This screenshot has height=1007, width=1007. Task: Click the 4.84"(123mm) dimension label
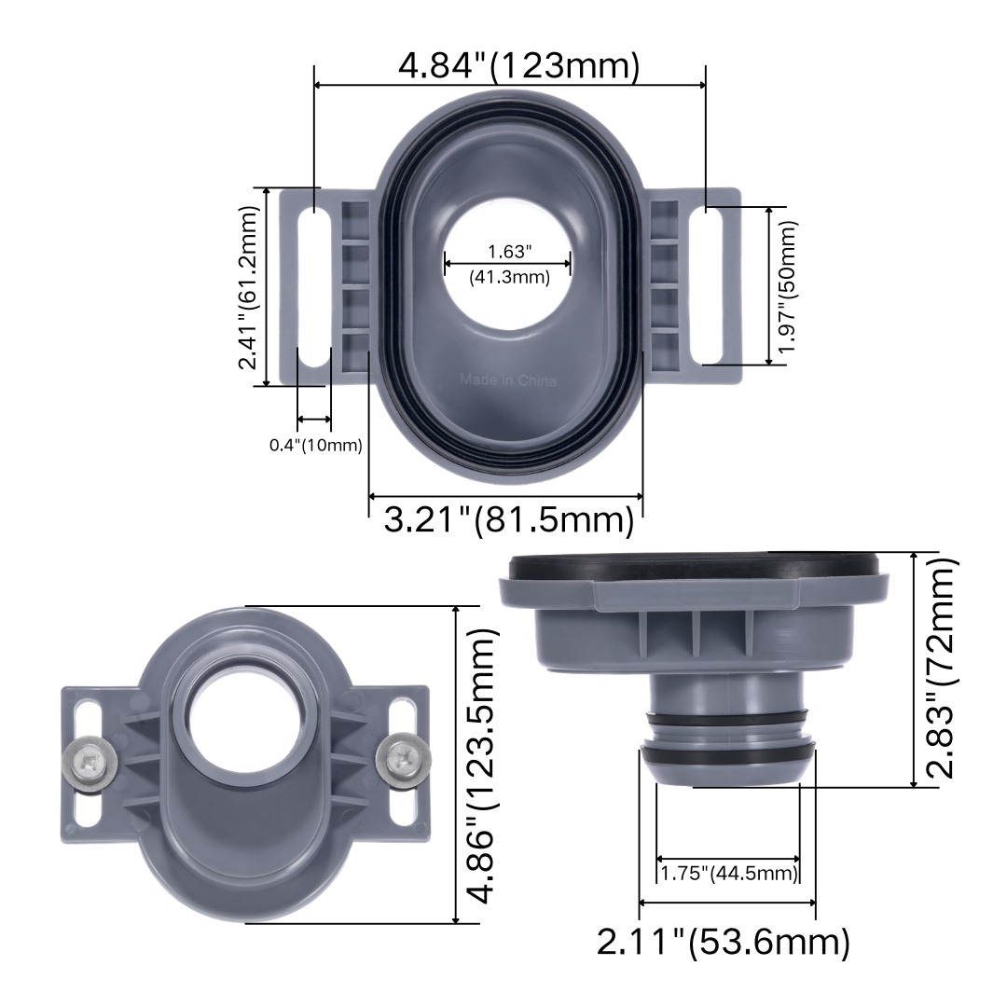tap(519, 65)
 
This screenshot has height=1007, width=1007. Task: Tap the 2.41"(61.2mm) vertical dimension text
tap(249, 287)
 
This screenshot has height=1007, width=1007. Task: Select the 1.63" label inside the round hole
tap(510, 251)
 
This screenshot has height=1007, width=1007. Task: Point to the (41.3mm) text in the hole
tap(510, 278)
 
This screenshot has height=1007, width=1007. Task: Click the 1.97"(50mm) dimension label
tap(787, 286)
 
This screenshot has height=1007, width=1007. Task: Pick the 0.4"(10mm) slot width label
tap(316, 445)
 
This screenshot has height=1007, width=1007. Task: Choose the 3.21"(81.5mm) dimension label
tap(509, 519)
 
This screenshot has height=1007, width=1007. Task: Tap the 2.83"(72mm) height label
tap(942, 668)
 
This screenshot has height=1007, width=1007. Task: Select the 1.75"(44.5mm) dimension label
tap(729, 873)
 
